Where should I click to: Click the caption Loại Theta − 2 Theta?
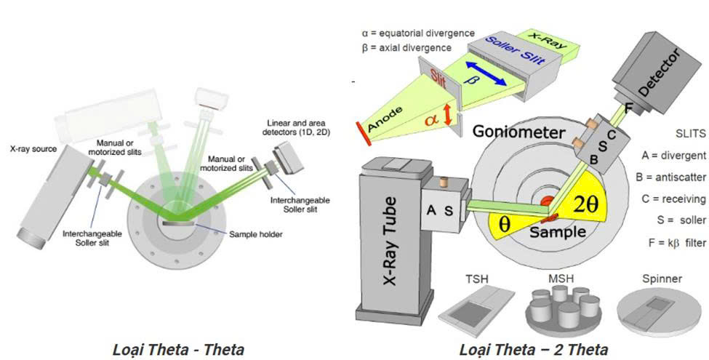pos(534,349)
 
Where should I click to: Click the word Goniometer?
pos(518,132)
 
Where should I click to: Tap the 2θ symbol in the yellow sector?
pos(584,204)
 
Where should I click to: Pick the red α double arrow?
pos(448,115)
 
